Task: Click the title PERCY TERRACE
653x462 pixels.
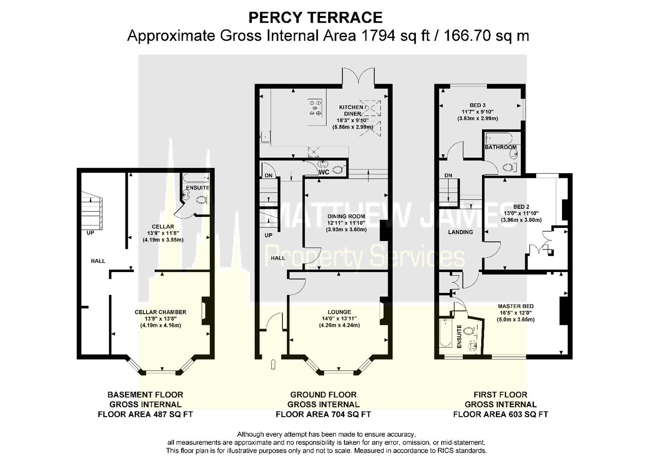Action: click(x=315, y=18)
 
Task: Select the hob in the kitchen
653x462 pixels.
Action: click(x=315, y=108)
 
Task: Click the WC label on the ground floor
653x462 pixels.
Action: click(x=324, y=172)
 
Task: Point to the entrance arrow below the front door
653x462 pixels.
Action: click(x=273, y=364)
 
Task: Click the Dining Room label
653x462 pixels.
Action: click(x=346, y=216)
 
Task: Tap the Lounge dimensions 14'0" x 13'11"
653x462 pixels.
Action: click(x=339, y=318)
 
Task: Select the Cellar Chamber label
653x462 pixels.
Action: click(x=160, y=312)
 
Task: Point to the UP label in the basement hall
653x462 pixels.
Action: click(x=90, y=233)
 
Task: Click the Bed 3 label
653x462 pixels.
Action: click(x=477, y=105)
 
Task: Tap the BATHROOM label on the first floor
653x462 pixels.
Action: click(x=500, y=147)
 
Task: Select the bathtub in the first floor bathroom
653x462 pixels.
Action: click(x=499, y=138)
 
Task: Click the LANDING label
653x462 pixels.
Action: click(x=460, y=232)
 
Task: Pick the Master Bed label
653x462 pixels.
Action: click(x=516, y=306)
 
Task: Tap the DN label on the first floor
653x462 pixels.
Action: click(x=448, y=175)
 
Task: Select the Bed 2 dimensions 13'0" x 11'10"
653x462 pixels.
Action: click(x=521, y=213)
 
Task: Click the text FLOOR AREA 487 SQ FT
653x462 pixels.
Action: click(x=145, y=415)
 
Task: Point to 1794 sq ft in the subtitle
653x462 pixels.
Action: click(x=396, y=36)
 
